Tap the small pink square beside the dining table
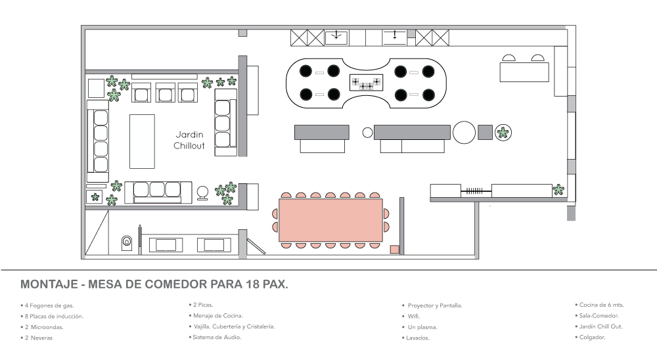(x=394, y=250)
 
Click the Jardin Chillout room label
(x=190, y=139)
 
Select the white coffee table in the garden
(x=142, y=141)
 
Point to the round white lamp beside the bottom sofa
(x=203, y=191)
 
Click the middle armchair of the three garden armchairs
(x=165, y=93)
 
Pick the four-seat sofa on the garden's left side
(x=99, y=141)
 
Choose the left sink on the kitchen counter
(x=336, y=37)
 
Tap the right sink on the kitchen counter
(x=394, y=37)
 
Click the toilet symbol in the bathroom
(x=127, y=243)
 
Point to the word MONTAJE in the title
(x=45, y=285)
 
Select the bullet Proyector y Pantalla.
(x=434, y=305)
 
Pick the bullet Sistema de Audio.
(x=217, y=337)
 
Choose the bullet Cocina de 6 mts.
(x=602, y=305)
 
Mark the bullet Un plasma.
(x=422, y=326)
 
